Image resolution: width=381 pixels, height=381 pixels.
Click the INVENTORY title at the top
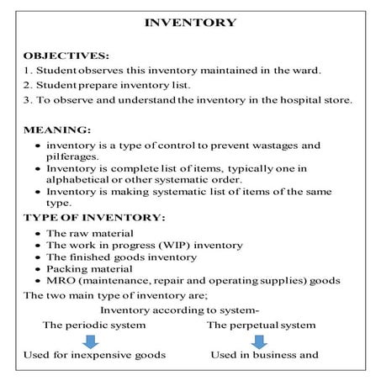[190, 23]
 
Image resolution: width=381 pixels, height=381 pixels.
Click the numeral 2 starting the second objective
[27, 86]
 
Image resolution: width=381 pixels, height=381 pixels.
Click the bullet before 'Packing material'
[38, 270]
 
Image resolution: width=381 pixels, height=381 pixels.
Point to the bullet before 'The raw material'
[38, 232]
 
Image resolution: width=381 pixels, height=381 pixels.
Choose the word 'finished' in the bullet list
[93, 257]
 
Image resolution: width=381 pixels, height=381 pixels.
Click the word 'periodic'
[92, 324]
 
